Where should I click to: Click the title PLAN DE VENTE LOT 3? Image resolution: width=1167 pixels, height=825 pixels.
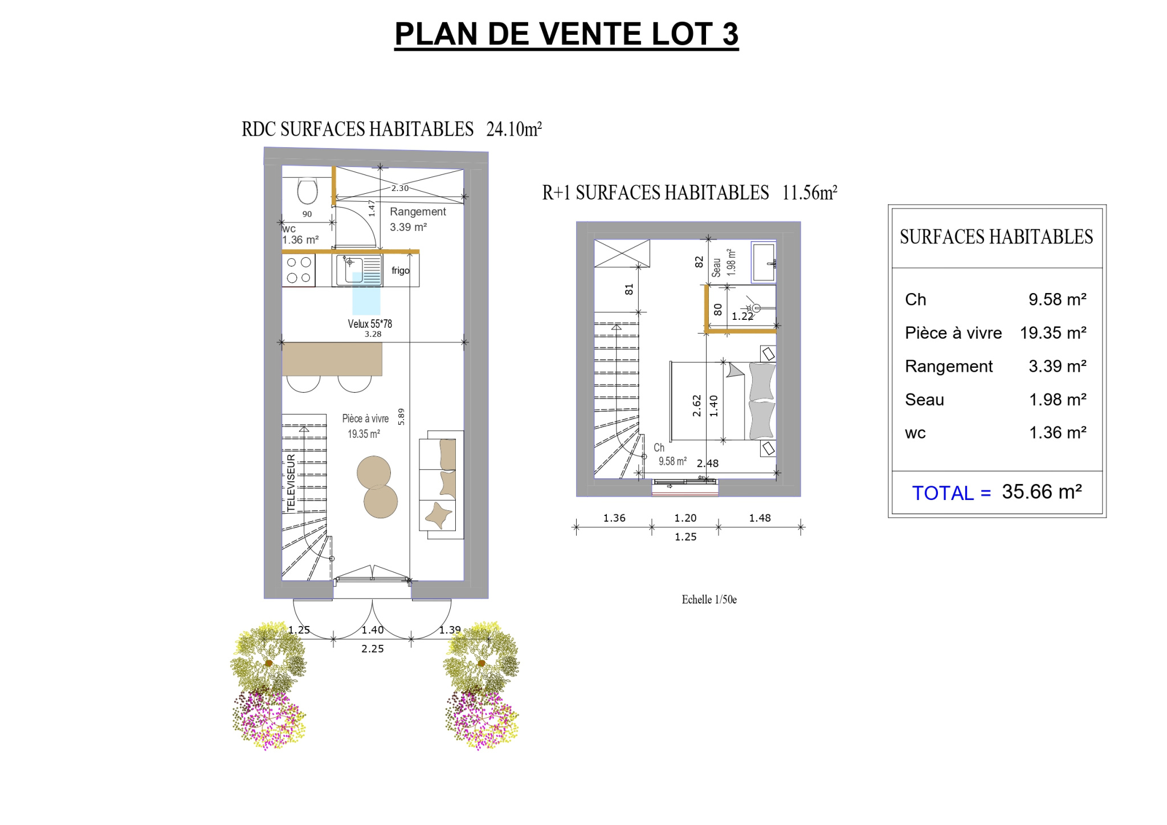click(x=566, y=34)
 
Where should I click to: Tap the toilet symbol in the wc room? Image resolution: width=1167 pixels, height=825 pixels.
click(x=308, y=190)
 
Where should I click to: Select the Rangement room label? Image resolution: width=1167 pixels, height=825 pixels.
click(x=418, y=212)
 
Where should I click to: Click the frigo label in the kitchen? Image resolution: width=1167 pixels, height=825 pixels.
click(x=401, y=270)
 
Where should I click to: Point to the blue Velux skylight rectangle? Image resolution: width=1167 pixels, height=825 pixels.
click(x=366, y=294)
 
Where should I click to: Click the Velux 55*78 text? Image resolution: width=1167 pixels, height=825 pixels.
click(x=370, y=324)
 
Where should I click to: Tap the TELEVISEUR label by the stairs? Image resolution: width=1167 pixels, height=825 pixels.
click(x=291, y=483)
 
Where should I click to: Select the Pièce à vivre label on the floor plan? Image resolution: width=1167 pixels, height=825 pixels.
click(x=365, y=418)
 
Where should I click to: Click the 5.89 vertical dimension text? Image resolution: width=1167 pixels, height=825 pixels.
click(x=401, y=416)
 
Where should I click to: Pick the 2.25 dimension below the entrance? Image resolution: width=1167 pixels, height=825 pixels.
click(x=373, y=648)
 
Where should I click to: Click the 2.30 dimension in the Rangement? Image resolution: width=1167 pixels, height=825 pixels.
click(x=400, y=188)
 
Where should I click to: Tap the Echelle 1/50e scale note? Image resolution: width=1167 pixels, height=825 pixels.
click(x=709, y=599)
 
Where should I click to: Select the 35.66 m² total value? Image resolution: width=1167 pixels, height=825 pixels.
click(x=1042, y=491)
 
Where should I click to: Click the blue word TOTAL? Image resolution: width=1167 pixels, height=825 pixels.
click(x=943, y=493)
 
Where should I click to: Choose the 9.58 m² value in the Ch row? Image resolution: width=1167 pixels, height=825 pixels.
click(x=1058, y=299)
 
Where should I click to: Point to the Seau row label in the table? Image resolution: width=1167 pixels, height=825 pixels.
click(x=924, y=400)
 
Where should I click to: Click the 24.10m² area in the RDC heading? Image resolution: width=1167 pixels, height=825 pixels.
click(x=514, y=129)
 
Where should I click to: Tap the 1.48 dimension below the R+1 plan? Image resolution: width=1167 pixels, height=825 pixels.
click(x=760, y=518)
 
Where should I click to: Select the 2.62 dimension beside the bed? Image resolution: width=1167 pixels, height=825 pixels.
click(x=696, y=405)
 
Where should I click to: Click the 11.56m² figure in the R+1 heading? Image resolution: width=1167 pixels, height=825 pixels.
click(x=810, y=193)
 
